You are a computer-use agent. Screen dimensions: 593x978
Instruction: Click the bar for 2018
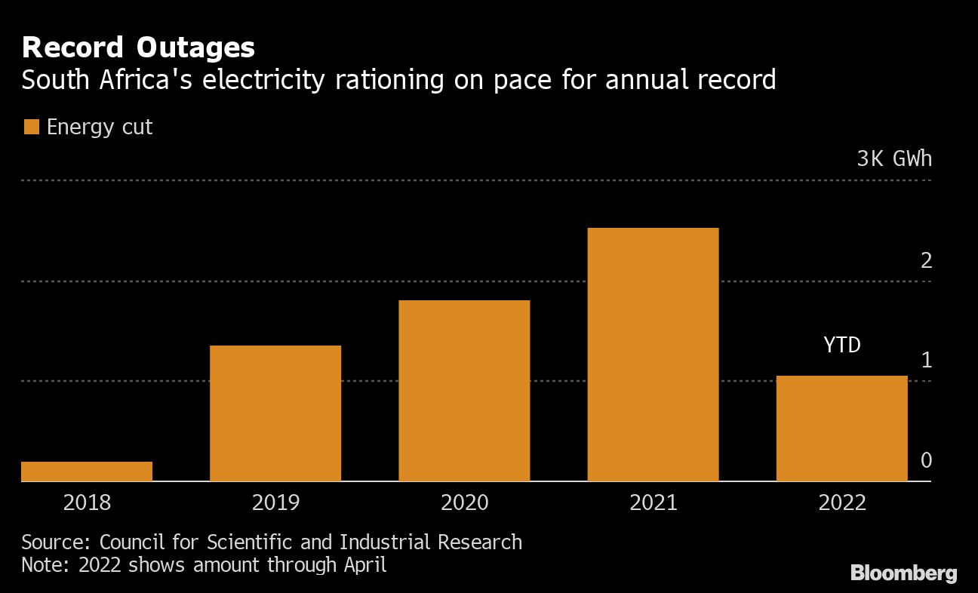click(87, 471)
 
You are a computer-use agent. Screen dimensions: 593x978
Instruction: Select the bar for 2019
click(275, 413)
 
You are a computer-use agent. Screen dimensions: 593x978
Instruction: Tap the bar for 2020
click(464, 390)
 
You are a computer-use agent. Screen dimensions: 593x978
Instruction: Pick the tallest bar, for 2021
click(653, 354)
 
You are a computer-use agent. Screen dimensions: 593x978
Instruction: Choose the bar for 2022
click(841, 428)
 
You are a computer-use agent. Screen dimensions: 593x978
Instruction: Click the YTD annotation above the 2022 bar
click(841, 346)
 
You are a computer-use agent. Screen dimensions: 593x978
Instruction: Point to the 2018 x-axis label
click(87, 502)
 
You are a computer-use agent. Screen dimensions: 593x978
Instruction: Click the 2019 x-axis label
click(275, 502)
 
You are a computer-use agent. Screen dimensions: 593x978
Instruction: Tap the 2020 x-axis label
click(464, 502)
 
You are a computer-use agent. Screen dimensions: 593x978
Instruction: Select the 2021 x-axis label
click(653, 502)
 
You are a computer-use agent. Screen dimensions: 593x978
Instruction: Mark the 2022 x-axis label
click(841, 502)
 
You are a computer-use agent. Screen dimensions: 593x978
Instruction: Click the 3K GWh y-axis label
click(893, 159)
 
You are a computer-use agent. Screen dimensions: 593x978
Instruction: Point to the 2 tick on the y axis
click(927, 260)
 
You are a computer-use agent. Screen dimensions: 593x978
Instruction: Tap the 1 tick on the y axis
click(927, 361)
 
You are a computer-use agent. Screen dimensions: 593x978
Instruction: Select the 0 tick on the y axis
click(927, 460)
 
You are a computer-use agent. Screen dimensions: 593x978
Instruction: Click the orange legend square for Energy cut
click(31, 127)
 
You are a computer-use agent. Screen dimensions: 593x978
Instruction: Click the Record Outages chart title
click(138, 48)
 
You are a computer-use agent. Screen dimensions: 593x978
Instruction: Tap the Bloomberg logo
click(903, 573)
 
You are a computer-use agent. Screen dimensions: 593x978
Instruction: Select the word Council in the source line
click(133, 542)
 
